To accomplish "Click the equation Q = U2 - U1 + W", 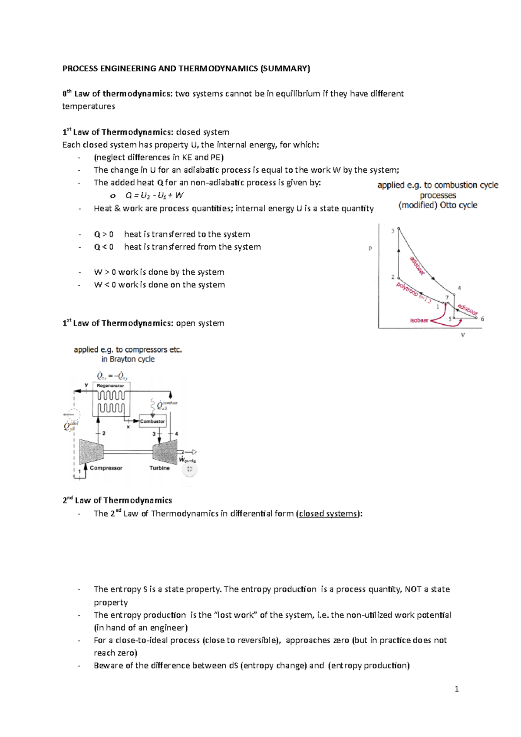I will click(154, 195).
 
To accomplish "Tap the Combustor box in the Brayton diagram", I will click(152, 421).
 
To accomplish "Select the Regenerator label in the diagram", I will click(110, 385).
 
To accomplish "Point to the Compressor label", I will click(106, 468).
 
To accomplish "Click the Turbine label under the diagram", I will click(159, 468).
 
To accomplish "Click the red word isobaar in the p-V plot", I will click(419, 320).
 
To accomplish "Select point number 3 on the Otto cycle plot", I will click(393, 231).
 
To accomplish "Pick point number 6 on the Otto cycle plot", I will click(482, 319).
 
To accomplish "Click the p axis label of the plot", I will click(370, 249).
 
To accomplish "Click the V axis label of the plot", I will click(463, 335).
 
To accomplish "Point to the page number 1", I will click(456, 689).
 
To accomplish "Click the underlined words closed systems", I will click(329, 513).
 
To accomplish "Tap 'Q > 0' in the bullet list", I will click(104, 234).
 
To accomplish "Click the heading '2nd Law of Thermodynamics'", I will click(117, 500).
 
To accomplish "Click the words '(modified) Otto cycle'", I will click(438, 205).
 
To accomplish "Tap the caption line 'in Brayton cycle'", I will click(128, 359).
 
